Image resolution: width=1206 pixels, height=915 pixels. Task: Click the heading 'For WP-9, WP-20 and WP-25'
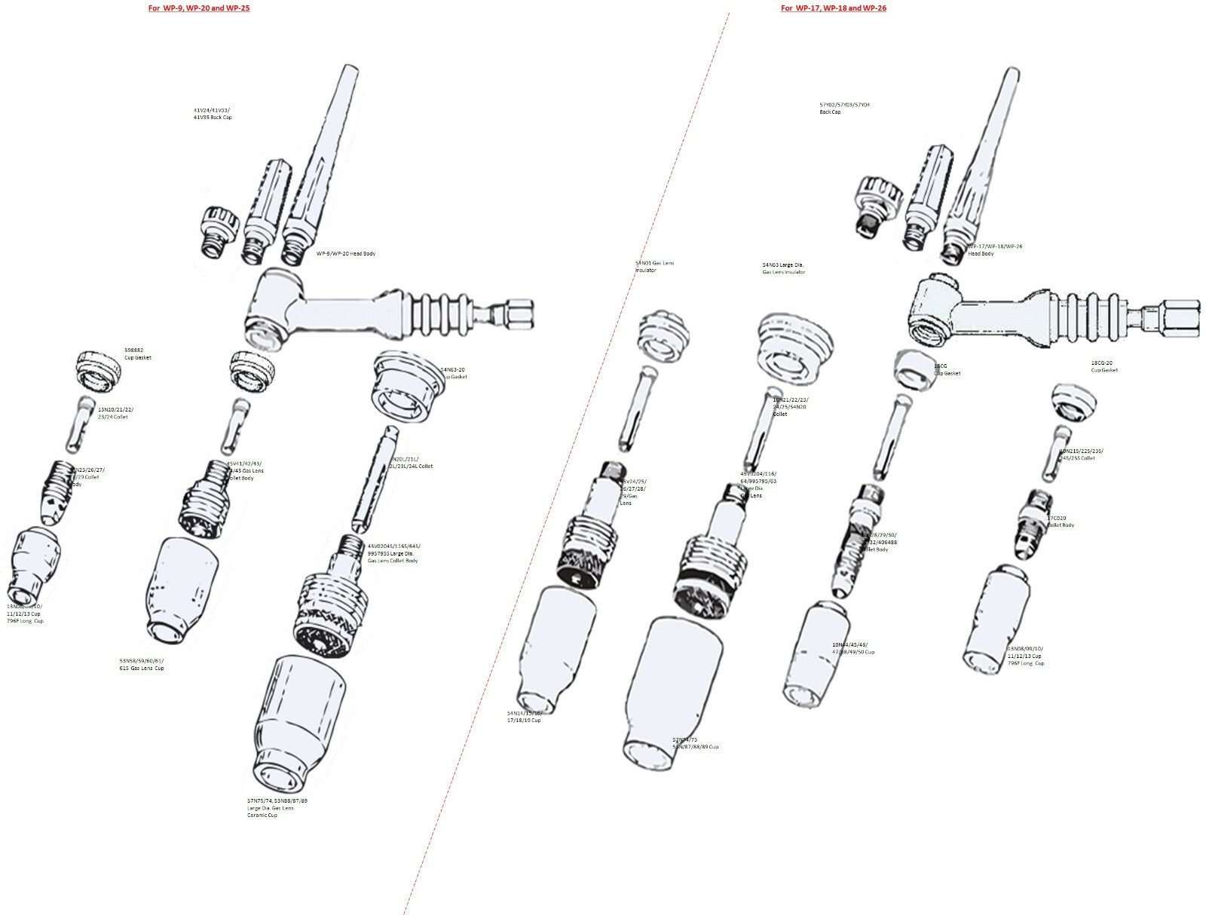tap(199, 8)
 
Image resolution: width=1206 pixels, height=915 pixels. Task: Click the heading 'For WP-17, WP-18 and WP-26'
tap(833, 8)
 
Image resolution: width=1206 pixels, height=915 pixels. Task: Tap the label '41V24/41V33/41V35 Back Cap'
tap(213, 114)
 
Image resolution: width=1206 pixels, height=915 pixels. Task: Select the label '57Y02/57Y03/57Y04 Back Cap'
tap(844, 109)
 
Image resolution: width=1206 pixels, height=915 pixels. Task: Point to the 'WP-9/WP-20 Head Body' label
tap(346, 254)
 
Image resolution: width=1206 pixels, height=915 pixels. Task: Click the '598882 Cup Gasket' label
tap(138, 354)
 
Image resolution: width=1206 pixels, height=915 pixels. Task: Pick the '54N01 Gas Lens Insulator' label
tap(654, 267)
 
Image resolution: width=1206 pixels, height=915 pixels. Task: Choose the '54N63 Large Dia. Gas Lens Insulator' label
tap(783, 268)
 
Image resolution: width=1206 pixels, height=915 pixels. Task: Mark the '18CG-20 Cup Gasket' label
tap(1104, 366)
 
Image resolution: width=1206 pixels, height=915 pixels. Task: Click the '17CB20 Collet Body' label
tap(1060, 522)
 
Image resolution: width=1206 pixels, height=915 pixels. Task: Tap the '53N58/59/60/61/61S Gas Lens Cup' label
tap(142, 665)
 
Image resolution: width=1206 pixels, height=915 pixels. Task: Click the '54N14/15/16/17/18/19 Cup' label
tap(525, 716)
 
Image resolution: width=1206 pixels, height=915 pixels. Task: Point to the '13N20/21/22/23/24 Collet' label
tap(115, 413)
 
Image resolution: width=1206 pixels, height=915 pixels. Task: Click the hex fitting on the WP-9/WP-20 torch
tap(519, 311)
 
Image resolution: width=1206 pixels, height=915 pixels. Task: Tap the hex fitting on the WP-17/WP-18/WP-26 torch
tap(1183, 315)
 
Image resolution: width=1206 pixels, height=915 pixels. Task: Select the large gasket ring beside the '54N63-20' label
tap(407, 386)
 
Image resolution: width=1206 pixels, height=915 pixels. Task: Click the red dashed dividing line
tap(566, 460)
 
